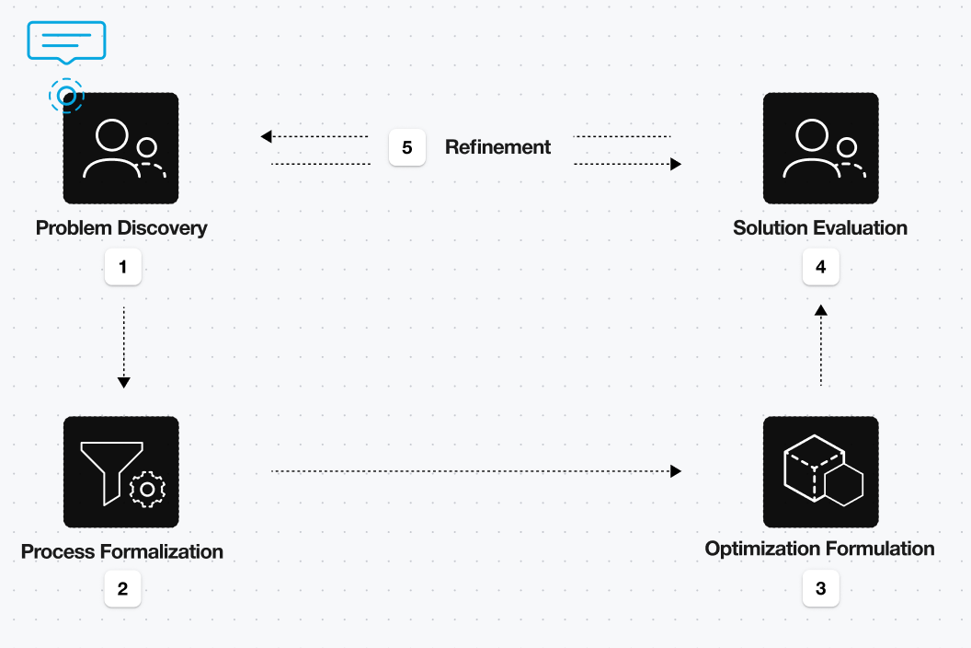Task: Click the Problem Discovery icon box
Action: tap(120, 148)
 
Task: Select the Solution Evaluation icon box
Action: tap(820, 148)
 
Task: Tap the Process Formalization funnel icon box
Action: tap(120, 472)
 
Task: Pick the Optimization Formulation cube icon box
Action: tap(820, 472)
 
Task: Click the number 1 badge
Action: tap(122, 268)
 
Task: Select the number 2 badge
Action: tap(122, 589)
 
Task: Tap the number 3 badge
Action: tap(820, 589)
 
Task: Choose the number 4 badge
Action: tap(820, 268)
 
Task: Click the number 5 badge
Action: tap(406, 147)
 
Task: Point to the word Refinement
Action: tap(497, 147)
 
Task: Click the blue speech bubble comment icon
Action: tap(66, 41)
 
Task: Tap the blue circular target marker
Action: tap(66, 95)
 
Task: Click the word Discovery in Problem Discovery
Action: tap(163, 227)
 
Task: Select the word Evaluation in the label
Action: tap(862, 227)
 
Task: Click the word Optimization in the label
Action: tap(762, 549)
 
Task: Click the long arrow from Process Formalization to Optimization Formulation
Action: tap(475, 471)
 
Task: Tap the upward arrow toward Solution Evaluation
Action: tap(820, 346)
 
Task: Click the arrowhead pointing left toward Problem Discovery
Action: tap(267, 136)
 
